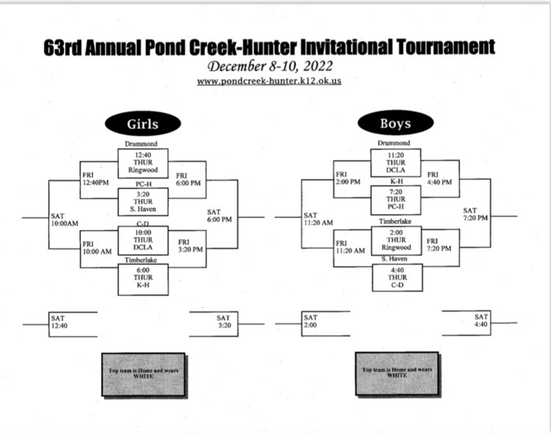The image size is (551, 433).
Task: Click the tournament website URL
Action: (x=269, y=81)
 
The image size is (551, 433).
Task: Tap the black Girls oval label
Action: (x=143, y=124)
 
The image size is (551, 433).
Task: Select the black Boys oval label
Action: (x=396, y=123)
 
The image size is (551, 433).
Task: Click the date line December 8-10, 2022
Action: (x=270, y=65)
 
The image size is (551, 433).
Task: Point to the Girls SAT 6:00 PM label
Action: (x=219, y=215)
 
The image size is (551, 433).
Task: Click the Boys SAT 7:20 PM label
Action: (x=475, y=214)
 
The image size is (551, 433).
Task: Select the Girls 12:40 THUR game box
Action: (x=143, y=163)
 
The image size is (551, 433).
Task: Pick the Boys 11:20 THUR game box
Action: (x=396, y=162)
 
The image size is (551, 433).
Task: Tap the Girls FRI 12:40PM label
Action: (x=96, y=179)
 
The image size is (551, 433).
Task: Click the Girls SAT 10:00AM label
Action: (x=65, y=220)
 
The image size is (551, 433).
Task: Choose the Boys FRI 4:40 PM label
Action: (x=439, y=178)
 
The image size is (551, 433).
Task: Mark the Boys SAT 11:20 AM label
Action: (x=318, y=218)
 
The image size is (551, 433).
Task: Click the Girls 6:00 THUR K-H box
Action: (x=143, y=279)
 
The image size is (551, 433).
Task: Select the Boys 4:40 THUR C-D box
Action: (x=397, y=278)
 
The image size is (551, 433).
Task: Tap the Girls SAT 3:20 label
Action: (x=224, y=321)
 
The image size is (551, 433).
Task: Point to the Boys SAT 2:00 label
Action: (x=311, y=321)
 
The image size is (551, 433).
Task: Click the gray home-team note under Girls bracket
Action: (x=143, y=374)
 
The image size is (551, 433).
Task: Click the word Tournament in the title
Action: (x=446, y=46)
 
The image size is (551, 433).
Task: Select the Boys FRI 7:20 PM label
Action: (x=439, y=245)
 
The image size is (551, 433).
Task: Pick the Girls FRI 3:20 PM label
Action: (x=190, y=246)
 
